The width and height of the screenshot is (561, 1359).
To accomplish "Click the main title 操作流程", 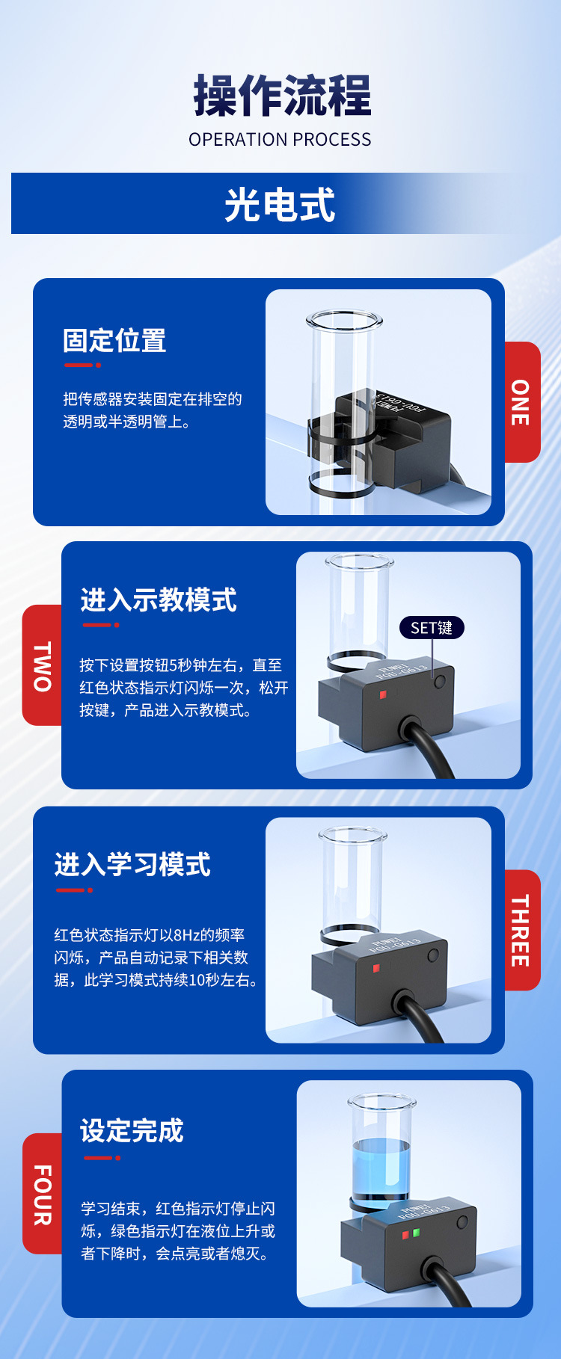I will [282, 96].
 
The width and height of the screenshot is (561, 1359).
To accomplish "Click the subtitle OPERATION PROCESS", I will [280, 140].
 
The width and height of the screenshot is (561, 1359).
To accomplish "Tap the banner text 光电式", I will [280, 205].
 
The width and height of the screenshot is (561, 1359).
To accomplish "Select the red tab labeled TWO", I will [42, 665].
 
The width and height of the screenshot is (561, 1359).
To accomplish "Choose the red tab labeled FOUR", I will [42, 1194].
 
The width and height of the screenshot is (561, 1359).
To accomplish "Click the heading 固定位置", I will [114, 341].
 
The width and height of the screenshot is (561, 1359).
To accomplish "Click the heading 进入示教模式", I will [159, 600].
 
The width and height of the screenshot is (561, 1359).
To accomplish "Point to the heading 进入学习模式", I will [132, 865].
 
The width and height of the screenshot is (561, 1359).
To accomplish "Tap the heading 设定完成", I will [132, 1130].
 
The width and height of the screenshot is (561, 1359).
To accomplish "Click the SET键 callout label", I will [432, 628].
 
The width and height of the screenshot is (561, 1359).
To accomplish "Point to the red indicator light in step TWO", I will [383, 694].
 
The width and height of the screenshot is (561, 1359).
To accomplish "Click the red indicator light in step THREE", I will [376, 968].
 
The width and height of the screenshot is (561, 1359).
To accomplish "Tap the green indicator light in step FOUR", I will [416, 1232].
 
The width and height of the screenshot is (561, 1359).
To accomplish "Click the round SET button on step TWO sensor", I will [440, 681].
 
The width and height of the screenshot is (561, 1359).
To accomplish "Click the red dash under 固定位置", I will [82, 365].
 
